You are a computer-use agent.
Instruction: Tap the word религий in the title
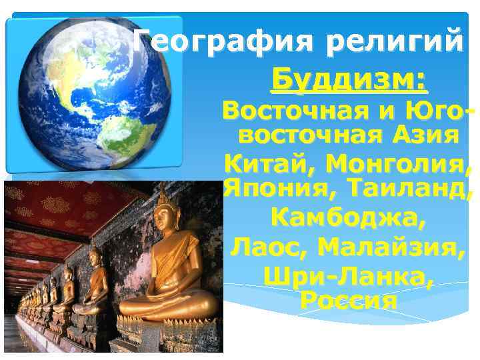coord(395,43)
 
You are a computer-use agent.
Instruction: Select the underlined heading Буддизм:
coord(349,81)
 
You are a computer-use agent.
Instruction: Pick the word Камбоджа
coord(348,217)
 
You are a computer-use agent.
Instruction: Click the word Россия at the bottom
coord(349,301)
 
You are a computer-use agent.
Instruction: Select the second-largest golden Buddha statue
coord(91,283)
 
